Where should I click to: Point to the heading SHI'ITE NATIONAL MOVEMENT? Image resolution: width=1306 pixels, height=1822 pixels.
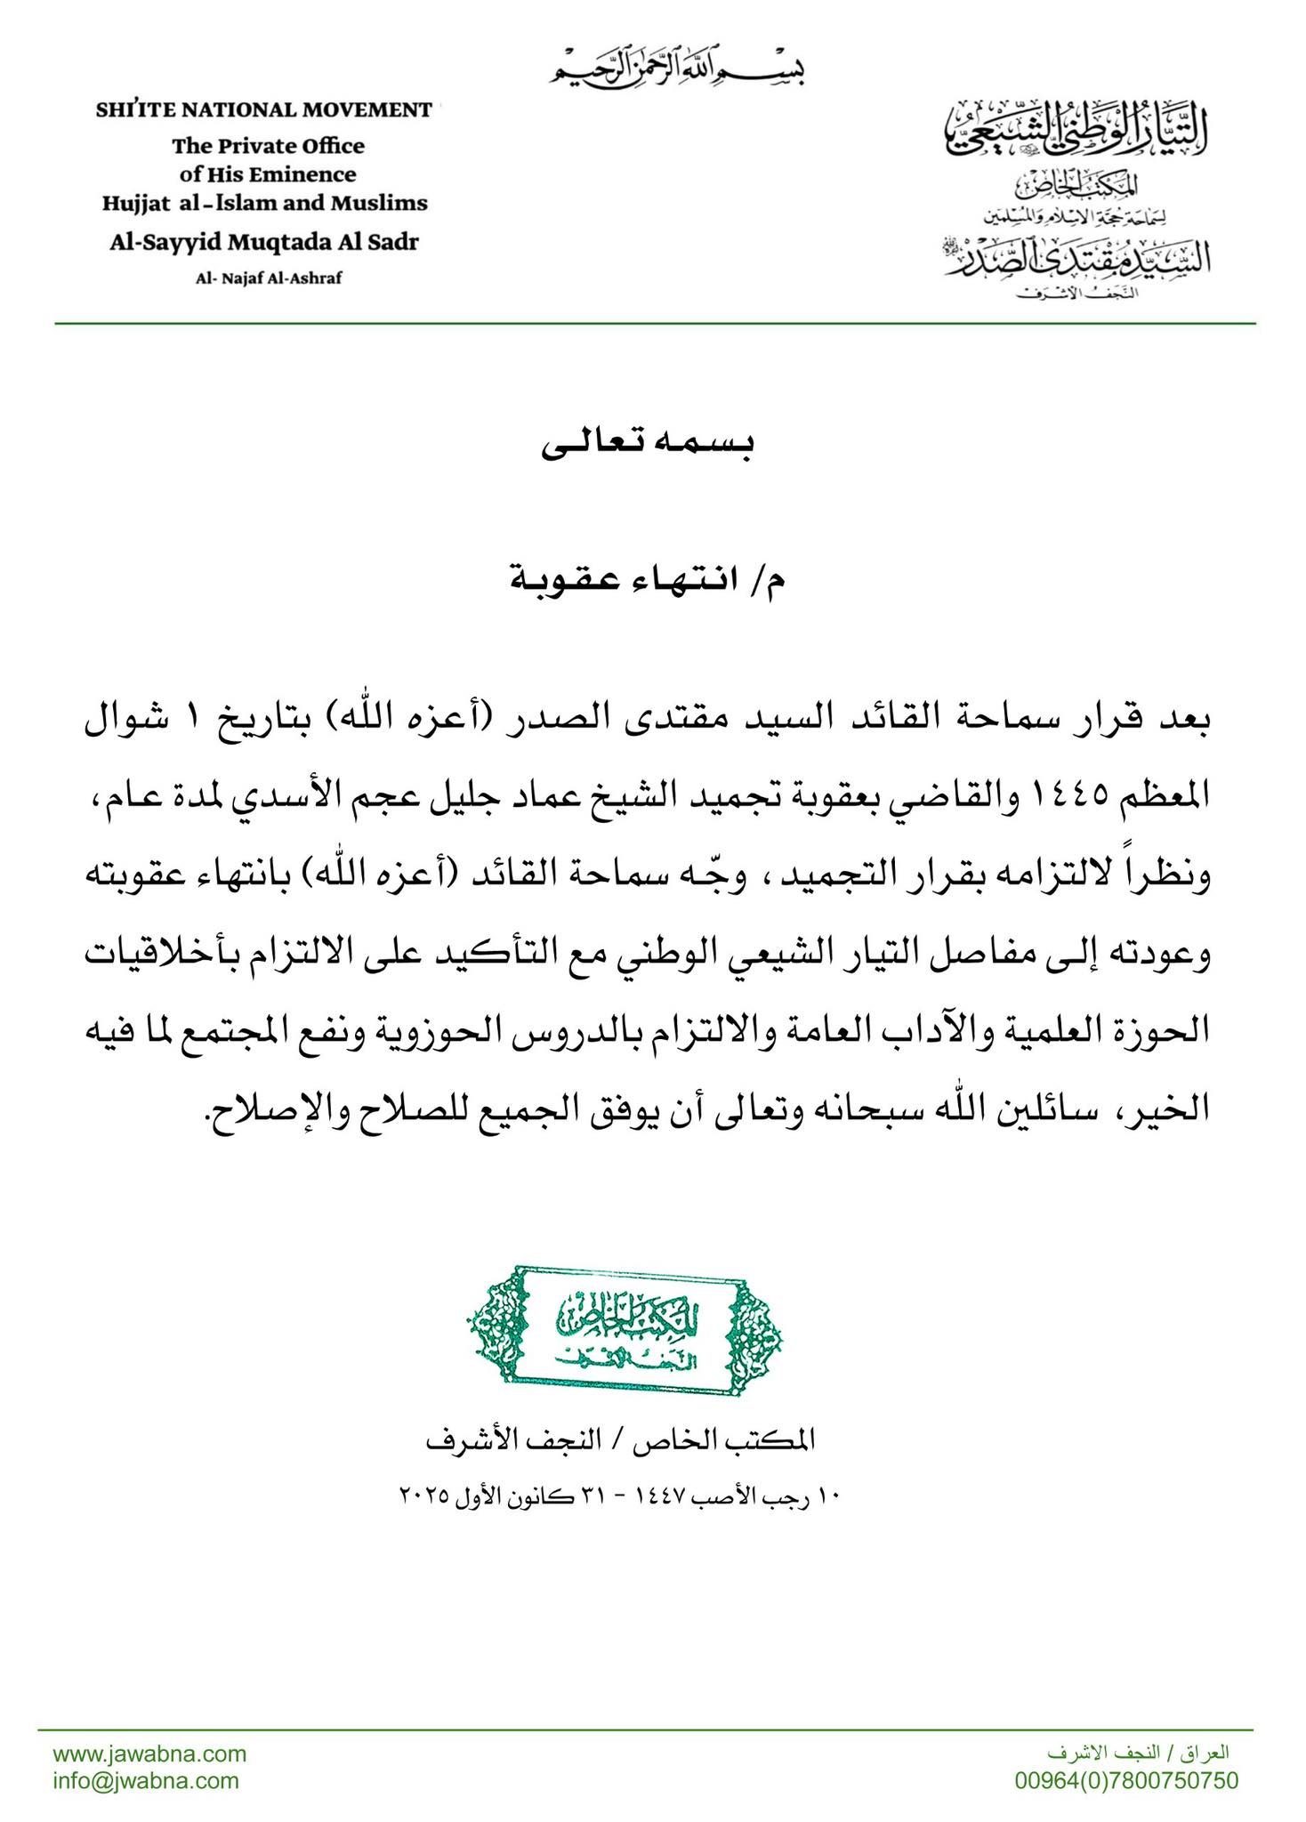(x=264, y=110)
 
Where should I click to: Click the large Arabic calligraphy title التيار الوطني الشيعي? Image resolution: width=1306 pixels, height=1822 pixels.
(x=1076, y=128)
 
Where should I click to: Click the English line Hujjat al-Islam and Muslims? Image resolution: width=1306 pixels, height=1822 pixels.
(x=264, y=204)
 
